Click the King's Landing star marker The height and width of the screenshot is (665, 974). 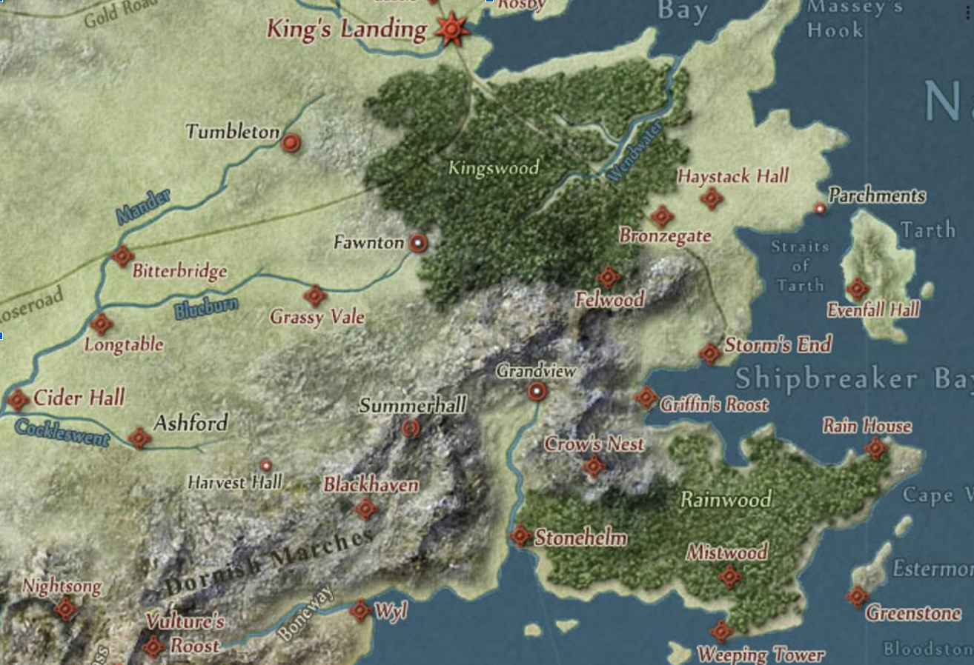pos(450,29)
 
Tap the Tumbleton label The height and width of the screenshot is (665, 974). pos(232,132)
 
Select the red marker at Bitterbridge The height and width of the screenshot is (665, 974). pos(122,256)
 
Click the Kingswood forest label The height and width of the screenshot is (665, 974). pos(493,168)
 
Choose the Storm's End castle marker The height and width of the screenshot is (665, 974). pos(709,353)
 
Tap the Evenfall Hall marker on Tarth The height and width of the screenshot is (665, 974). pos(858,289)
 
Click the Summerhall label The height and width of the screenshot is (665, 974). pos(413,405)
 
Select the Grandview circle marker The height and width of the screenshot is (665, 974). pos(537,391)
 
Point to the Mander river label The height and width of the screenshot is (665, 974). pos(143,206)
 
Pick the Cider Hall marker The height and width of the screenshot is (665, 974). pos(17,400)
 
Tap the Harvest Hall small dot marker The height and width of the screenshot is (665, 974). pos(265,465)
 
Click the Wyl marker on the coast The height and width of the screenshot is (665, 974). pos(360,610)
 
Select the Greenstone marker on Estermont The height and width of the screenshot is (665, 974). pos(858,596)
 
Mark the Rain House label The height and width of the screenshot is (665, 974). pos(867,426)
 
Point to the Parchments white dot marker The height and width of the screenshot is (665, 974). pos(820,209)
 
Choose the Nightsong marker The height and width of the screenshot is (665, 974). pos(65,609)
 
